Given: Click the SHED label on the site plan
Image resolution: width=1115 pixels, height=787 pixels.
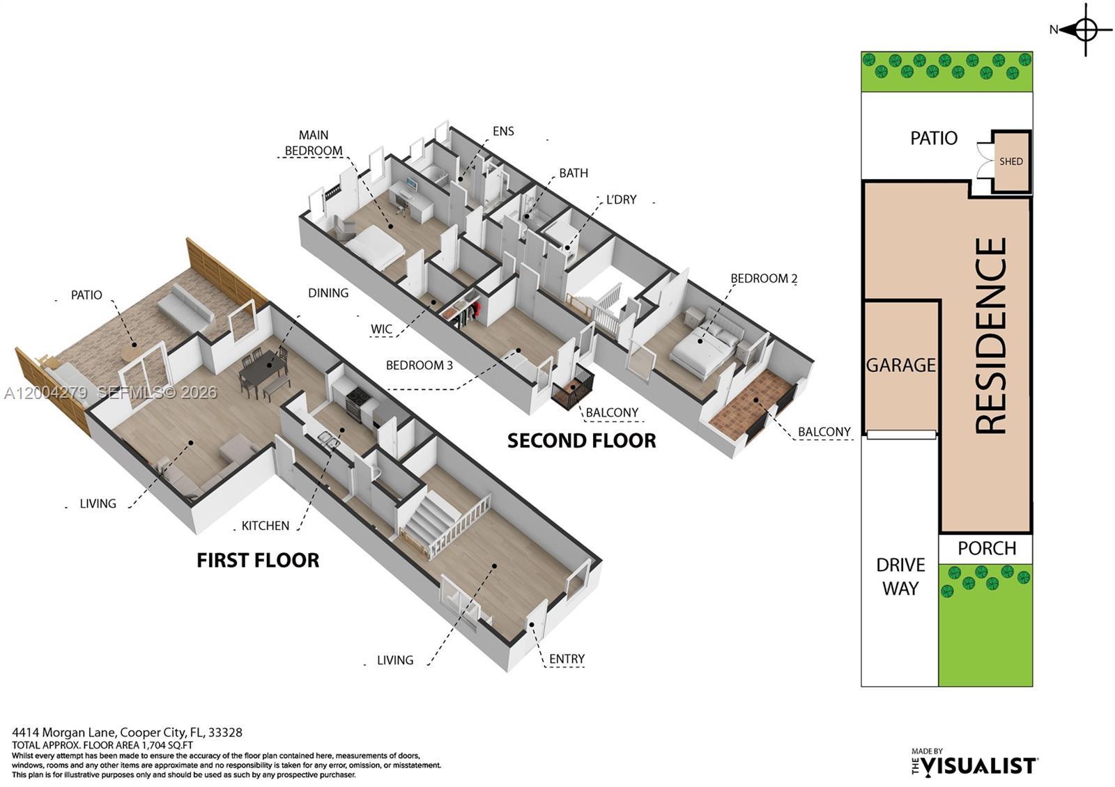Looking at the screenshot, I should click(x=1010, y=162).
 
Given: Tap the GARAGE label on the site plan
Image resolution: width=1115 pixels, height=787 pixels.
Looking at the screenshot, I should click(x=900, y=365).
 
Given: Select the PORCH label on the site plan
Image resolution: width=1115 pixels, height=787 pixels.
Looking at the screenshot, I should click(x=986, y=548).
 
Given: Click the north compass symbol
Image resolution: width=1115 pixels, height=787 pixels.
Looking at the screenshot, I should click(x=1085, y=29).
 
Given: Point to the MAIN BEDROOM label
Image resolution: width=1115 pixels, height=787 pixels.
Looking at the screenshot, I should click(x=314, y=143).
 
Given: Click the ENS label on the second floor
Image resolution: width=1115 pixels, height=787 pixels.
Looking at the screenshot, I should click(x=503, y=131).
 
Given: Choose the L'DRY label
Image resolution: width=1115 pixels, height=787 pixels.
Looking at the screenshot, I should click(x=621, y=200).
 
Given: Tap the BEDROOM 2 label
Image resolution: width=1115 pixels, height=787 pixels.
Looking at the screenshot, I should click(x=763, y=279).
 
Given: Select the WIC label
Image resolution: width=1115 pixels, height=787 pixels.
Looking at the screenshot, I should click(x=381, y=329).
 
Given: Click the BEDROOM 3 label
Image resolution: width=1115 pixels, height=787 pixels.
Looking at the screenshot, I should click(x=419, y=365).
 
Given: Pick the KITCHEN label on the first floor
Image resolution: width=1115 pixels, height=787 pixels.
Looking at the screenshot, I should click(x=265, y=526).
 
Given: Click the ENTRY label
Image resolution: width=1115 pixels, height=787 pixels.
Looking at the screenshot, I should click(x=567, y=659).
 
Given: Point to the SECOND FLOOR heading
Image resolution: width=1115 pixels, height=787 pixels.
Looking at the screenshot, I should click(x=581, y=441).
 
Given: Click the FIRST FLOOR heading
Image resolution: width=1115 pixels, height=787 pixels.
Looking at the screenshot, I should click(x=258, y=561).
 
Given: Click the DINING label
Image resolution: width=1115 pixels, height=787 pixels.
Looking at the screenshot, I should click(x=328, y=293).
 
